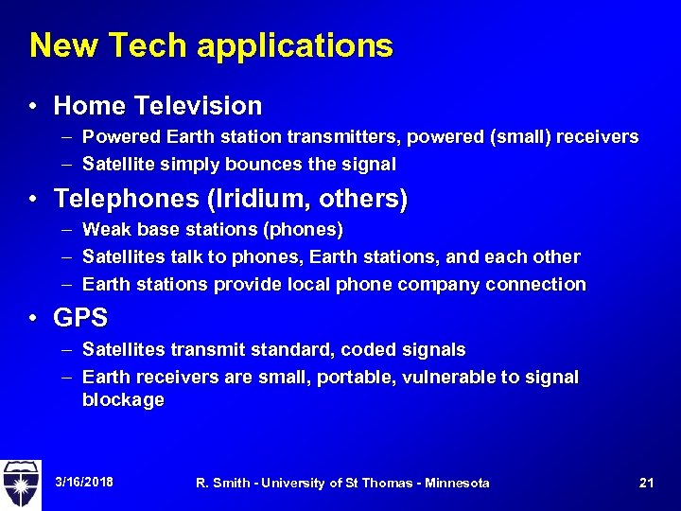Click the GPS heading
(80, 318)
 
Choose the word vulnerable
(429, 377)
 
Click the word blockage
(123, 399)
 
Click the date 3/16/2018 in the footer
(84, 483)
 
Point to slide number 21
(647, 483)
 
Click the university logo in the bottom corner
(21, 484)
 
